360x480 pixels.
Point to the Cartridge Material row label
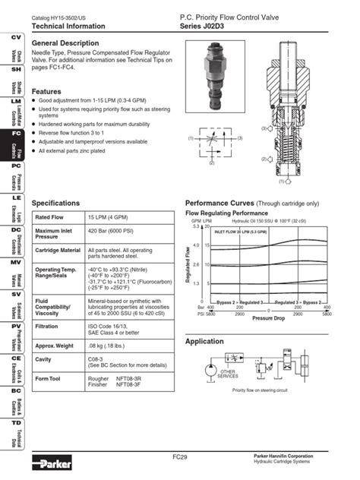pos(58,250)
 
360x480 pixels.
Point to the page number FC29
pos(180,456)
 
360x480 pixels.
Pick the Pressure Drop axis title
pos(269,318)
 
